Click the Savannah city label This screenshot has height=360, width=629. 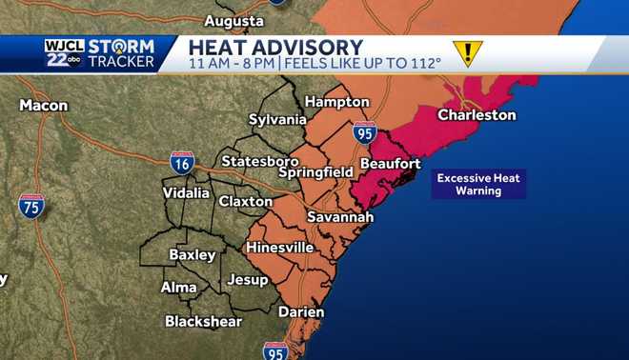click(339, 217)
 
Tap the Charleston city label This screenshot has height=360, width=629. click(477, 115)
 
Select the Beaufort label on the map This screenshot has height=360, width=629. click(389, 164)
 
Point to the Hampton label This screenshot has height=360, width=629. click(336, 101)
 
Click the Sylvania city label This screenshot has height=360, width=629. click(277, 120)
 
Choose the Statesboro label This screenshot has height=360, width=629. click(260, 161)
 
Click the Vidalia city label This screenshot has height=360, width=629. click(186, 192)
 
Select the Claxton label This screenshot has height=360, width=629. click(246, 202)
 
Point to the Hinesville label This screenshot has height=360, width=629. click(279, 248)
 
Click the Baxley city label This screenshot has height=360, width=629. click(192, 254)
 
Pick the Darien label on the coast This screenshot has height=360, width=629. click(301, 311)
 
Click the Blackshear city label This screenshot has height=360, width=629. click(203, 321)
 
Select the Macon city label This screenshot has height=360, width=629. click(38, 104)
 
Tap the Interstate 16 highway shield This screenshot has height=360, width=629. click(182, 162)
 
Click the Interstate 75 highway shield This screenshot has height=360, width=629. click(31, 205)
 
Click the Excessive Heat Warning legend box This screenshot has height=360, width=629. click(478, 184)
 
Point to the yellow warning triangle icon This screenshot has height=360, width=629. click(467, 52)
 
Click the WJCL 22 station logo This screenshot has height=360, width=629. click(63, 53)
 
